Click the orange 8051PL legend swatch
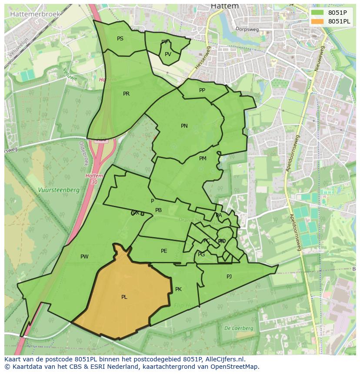pyautogui.click(x=318, y=21)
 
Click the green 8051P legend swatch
pyautogui.click(x=318, y=13)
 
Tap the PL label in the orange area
pyautogui.click(x=124, y=297)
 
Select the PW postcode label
pyautogui.click(x=84, y=257)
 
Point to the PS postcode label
pyautogui.click(x=120, y=39)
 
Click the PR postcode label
pyautogui.click(x=126, y=94)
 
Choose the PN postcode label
pyautogui.click(x=184, y=126)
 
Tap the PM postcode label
pyautogui.click(x=203, y=159)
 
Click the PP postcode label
pyautogui.click(x=202, y=90)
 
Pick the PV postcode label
pyautogui.click(x=168, y=54)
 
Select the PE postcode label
pyautogui.click(x=164, y=251)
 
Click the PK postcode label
pyautogui.click(x=178, y=289)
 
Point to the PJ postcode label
pyautogui.click(x=229, y=276)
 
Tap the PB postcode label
pyautogui.click(x=158, y=210)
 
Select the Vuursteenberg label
pyautogui.click(x=58, y=190)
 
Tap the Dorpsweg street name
pyautogui.click(x=247, y=29)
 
